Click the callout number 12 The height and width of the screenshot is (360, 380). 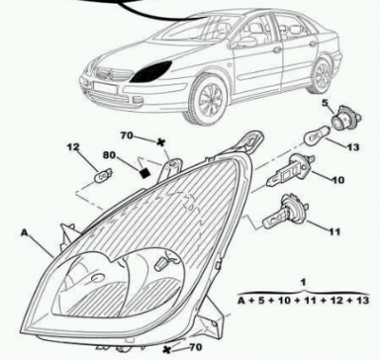tap(73, 147)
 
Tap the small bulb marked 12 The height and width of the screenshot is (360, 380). tap(104, 175)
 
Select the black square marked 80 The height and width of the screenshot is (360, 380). tap(144, 173)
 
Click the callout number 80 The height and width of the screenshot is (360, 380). tap(110, 155)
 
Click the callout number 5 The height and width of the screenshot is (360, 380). tap(325, 103)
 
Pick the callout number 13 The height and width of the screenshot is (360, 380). tap(352, 147)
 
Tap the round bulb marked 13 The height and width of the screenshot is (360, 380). tap(315, 136)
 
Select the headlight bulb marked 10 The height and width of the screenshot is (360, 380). tap(290, 171)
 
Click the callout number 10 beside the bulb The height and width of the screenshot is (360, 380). tap(337, 180)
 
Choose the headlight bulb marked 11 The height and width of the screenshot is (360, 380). tap(284, 212)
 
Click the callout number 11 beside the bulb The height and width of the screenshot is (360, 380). tap(334, 232)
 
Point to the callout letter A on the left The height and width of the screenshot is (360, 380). tap(25, 233)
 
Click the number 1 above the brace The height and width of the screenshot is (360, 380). tap(304, 281)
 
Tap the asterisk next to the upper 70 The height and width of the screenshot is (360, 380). tap(161, 142)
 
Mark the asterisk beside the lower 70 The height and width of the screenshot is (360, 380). tap(166, 350)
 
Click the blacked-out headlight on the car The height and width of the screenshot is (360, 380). tap(152, 72)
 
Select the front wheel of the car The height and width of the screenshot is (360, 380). tap(208, 99)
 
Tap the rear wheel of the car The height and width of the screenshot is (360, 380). tap(321, 75)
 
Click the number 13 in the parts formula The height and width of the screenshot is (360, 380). tap(362, 300)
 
